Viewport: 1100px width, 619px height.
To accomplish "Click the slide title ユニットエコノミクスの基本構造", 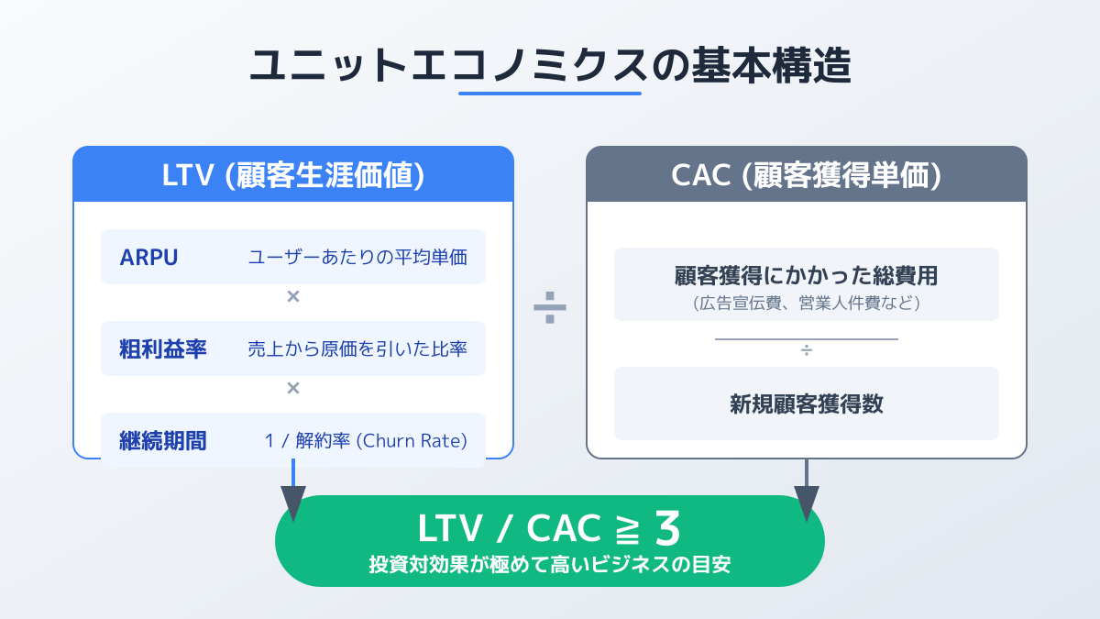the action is coord(550,65).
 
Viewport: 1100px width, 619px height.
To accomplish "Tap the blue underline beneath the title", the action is coord(550,94).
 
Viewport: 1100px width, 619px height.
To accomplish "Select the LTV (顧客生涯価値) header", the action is coord(293,175).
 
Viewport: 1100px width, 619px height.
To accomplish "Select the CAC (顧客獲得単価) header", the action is coord(807,175).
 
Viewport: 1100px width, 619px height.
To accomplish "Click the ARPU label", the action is coord(148,258).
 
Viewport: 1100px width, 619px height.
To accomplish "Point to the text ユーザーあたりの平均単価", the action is coord(357,258).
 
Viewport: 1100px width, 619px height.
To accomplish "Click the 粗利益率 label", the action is coord(162,348).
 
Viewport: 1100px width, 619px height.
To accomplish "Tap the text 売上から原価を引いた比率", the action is coord(357,348).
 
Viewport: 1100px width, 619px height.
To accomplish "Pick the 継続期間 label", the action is coord(162,441).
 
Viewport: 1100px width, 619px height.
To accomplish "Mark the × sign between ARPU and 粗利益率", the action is coord(293,296).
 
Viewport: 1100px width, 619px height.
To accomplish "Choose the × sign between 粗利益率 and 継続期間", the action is coord(293,388).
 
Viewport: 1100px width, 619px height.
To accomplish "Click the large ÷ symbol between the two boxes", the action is coord(550,307).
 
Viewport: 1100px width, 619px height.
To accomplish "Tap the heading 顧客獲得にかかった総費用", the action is coord(807,276).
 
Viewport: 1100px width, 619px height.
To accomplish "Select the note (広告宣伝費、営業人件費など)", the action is coord(807,303).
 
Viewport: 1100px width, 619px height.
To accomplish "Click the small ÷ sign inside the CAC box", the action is coord(807,350).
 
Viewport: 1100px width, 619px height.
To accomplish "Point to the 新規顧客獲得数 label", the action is coord(807,404).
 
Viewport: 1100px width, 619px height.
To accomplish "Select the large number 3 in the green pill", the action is coord(668,528).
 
